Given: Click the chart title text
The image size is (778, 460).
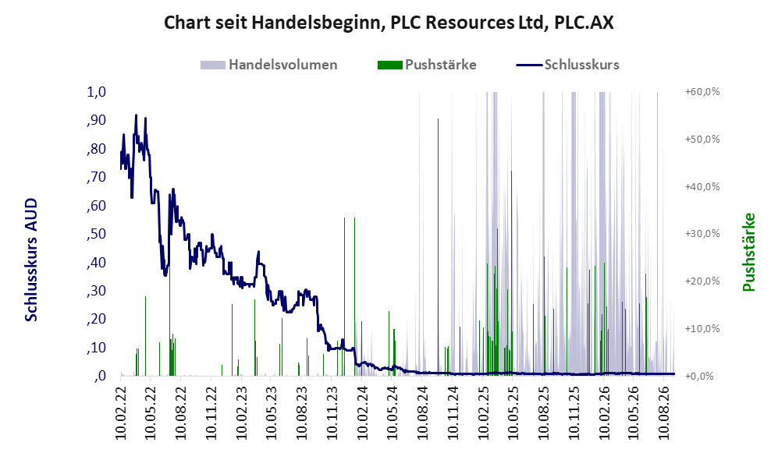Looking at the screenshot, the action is (x=389, y=23).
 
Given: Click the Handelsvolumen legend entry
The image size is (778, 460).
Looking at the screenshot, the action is (x=269, y=65).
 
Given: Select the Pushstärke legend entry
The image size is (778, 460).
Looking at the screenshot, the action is (x=427, y=65).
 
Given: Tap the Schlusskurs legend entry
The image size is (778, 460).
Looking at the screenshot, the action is (x=567, y=65).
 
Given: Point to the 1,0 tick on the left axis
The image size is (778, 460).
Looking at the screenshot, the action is (x=97, y=92).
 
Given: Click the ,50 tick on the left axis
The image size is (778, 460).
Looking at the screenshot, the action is (x=96, y=234).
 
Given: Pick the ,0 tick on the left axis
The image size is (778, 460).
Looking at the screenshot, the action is (x=99, y=376).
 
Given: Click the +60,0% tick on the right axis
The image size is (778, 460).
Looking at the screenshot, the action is (x=702, y=92).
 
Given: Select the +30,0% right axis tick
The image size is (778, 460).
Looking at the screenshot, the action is (x=702, y=233).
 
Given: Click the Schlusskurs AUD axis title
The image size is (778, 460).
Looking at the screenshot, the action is (x=30, y=260).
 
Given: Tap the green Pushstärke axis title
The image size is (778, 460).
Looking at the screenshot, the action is (x=748, y=252).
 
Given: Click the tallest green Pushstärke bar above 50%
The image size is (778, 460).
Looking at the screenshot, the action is (x=438, y=246).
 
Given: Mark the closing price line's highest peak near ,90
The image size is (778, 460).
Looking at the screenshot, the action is (x=136, y=115).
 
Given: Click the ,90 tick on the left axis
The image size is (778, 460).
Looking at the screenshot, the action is (x=96, y=120).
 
